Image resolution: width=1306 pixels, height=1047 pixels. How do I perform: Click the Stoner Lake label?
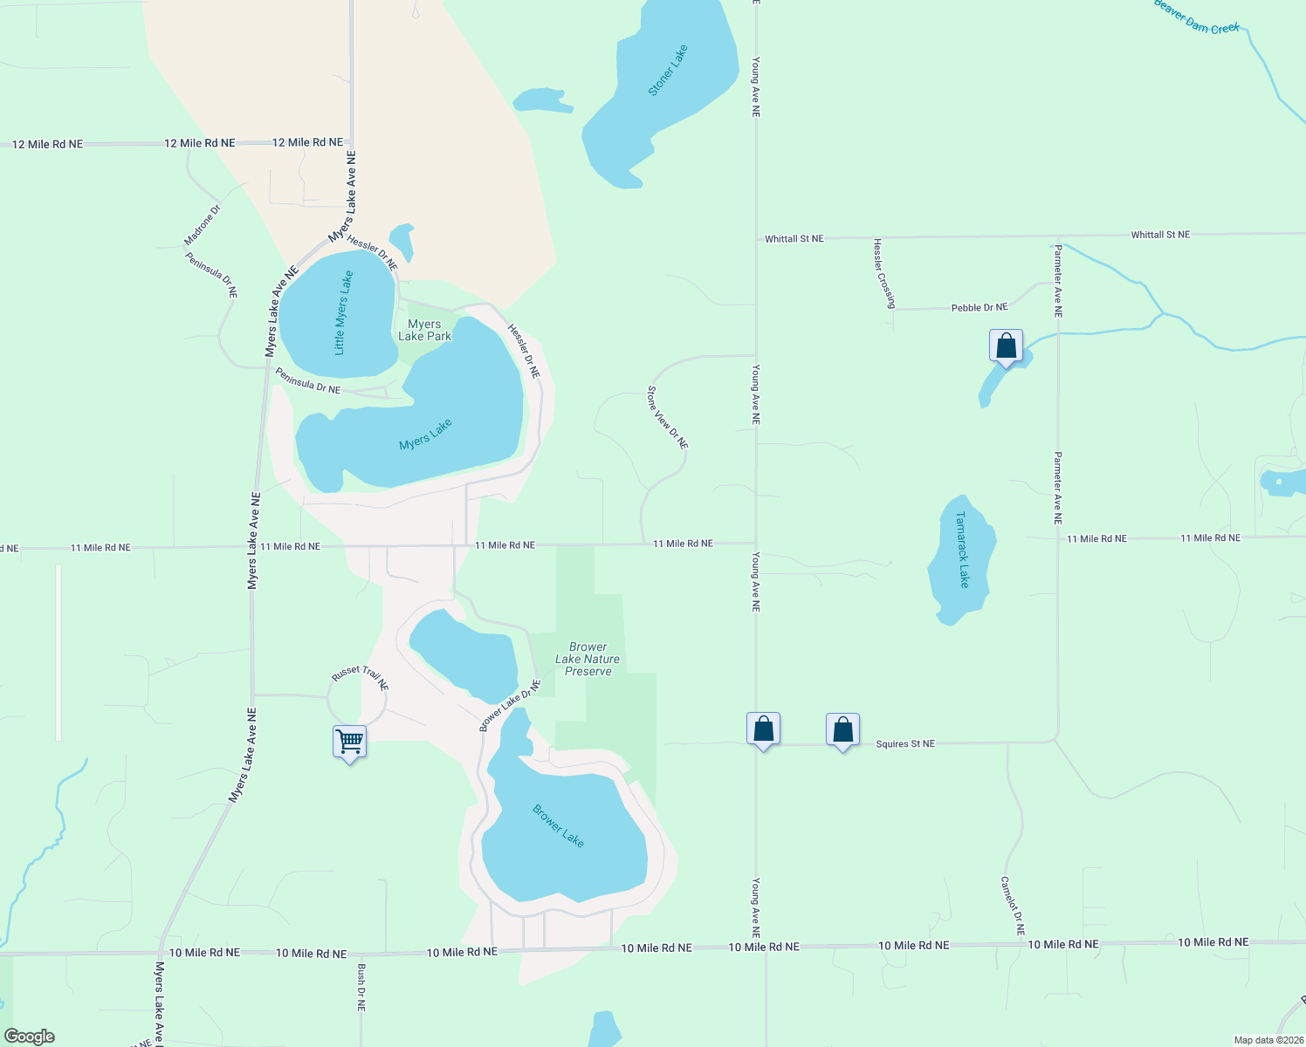click(x=669, y=71)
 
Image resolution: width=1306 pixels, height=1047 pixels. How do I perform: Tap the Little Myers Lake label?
click(x=344, y=312)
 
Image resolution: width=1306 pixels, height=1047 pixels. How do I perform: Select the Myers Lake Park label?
click(x=424, y=330)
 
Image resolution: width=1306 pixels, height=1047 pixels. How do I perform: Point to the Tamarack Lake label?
click(x=962, y=550)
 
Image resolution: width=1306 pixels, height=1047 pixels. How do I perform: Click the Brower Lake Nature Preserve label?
click(x=588, y=660)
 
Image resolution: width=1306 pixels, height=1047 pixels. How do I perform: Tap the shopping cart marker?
click(x=349, y=742)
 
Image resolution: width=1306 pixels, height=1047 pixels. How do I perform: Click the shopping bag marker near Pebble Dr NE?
click(x=1006, y=346)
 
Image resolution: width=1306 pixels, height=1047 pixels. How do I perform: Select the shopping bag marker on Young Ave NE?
click(x=763, y=729)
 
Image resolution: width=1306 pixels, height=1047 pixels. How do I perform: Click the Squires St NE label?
click(x=905, y=744)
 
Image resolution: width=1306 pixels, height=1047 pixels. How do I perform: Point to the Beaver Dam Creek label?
click(x=1196, y=17)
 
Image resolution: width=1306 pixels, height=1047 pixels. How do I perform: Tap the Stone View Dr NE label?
click(x=668, y=418)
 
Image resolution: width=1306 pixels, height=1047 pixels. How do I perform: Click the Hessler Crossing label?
click(x=884, y=273)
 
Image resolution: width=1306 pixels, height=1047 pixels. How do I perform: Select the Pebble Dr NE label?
click(x=979, y=308)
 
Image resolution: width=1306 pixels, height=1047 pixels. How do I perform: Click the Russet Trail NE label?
click(x=360, y=677)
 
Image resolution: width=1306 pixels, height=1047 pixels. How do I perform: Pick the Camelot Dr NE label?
click(x=1013, y=906)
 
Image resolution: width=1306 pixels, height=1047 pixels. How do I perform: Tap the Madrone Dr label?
click(x=203, y=225)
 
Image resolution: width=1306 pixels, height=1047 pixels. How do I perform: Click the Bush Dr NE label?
click(x=361, y=987)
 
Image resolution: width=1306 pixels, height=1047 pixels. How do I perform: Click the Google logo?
click(x=30, y=1037)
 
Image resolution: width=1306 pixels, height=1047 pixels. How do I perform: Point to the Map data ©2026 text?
click(x=1268, y=1040)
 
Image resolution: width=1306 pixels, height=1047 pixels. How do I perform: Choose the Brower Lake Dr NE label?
click(x=510, y=706)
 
